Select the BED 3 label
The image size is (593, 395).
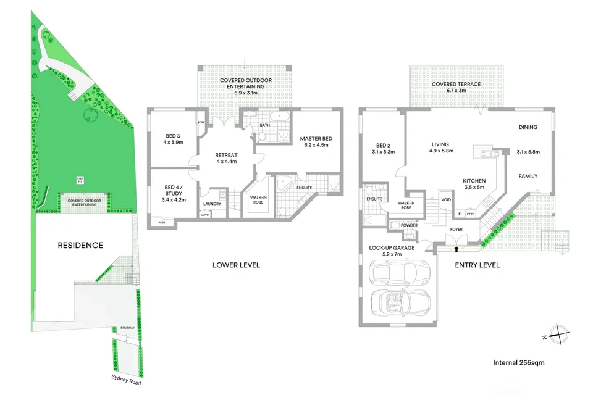point(173,136)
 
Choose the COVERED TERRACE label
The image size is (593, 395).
point(456,84)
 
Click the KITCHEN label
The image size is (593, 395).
point(474,181)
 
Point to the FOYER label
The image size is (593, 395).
point(456,229)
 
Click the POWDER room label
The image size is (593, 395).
point(410,225)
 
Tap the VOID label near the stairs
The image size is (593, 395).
point(447,200)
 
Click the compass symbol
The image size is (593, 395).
point(557,333)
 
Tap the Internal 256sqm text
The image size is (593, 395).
point(519,362)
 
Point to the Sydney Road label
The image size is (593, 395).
point(126,379)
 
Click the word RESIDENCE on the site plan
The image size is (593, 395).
point(80,245)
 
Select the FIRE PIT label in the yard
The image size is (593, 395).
point(80,180)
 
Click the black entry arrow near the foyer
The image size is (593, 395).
point(456,249)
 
